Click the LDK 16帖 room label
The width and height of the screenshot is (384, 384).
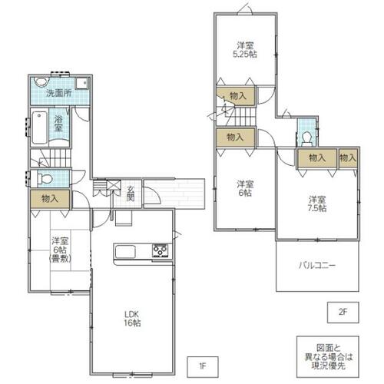132,319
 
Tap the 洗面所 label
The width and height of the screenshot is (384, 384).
59,93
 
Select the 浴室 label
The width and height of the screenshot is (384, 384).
58,124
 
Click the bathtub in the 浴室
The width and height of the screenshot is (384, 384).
40,127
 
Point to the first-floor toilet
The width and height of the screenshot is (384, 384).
45,178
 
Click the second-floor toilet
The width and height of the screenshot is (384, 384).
307,139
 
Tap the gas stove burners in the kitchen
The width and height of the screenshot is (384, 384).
161,250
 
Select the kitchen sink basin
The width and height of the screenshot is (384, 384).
125,251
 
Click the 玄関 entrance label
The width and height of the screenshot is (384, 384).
131,194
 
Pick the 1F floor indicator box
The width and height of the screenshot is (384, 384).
203,367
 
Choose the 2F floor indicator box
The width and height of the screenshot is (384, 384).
343,313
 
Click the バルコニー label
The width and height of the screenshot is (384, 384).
317,265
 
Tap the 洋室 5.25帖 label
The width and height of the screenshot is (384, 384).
245,50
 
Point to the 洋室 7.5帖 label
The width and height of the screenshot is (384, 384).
317,204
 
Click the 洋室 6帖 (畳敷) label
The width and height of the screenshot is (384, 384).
60,250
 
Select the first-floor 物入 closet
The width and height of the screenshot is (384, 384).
50,199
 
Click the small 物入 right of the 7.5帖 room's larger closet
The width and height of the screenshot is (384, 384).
348,158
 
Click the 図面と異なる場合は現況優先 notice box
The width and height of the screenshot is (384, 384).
328,357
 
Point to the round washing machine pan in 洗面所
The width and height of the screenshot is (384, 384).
41,81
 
